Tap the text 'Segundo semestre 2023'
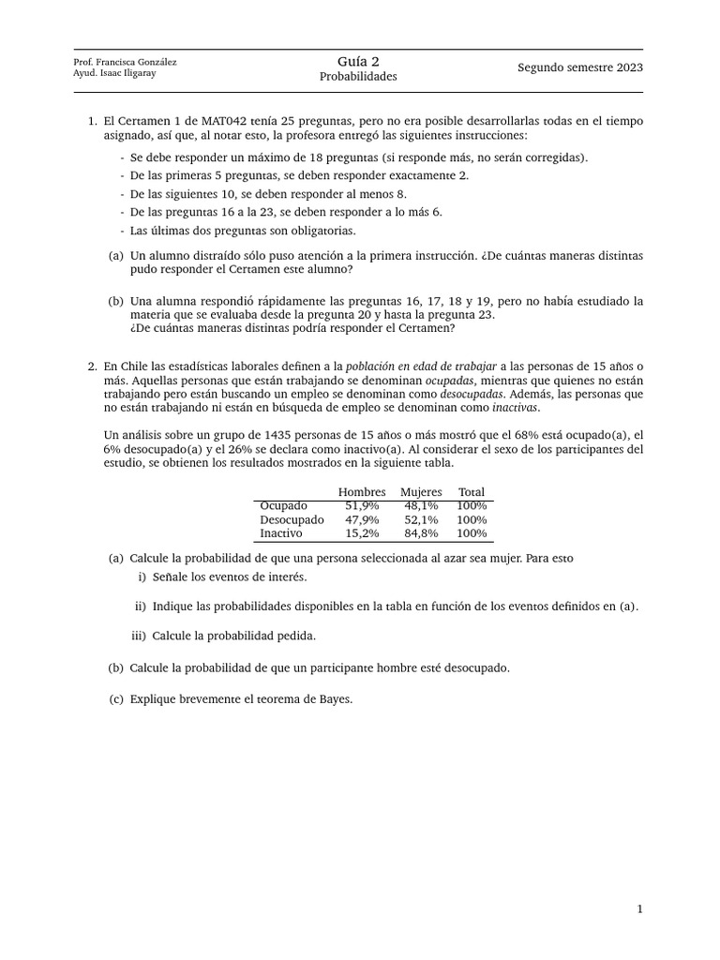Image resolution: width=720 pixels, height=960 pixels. (x=580, y=67)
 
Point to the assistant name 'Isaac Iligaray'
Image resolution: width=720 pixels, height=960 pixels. (x=127, y=74)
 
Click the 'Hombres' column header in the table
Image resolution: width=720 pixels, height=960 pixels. (x=362, y=492)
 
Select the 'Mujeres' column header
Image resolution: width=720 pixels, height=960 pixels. (x=421, y=492)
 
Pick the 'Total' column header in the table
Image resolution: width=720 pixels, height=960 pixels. (x=472, y=492)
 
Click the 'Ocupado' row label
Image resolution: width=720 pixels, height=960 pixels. (x=283, y=505)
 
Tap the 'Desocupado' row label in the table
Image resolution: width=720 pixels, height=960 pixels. (x=292, y=519)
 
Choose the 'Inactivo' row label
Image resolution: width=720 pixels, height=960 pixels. (x=281, y=533)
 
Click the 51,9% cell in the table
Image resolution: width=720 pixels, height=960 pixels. (x=362, y=505)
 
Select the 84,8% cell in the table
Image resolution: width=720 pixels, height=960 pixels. (x=421, y=533)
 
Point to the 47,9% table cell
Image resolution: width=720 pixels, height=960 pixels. (x=362, y=519)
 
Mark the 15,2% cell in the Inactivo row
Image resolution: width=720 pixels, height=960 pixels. (x=362, y=533)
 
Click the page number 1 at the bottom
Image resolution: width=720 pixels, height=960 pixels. (x=639, y=908)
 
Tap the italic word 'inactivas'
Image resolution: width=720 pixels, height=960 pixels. (x=516, y=408)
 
